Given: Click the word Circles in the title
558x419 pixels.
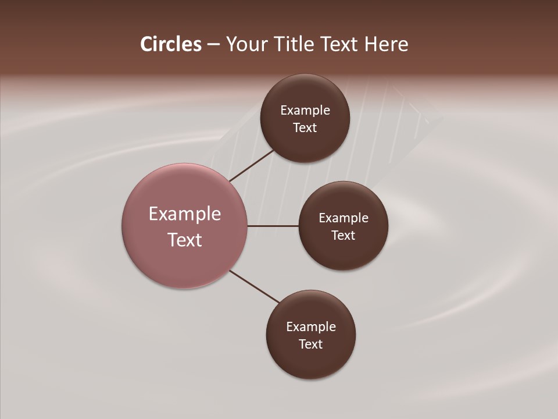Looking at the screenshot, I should [x=170, y=44].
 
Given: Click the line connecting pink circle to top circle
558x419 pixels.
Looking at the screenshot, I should [x=251, y=165].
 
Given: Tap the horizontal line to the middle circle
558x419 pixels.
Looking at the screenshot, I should [x=273, y=226].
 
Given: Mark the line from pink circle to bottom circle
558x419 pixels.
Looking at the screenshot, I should [x=255, y=287].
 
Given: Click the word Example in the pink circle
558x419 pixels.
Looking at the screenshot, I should [x=185, y=214].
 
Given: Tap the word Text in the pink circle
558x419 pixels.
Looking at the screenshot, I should [x=185, y=240].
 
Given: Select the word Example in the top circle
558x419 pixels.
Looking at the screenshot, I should [x=305, y=111].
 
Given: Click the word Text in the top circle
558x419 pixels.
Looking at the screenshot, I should [x=305, y=128].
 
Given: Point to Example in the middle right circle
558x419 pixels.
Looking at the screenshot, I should [x=344, y=218].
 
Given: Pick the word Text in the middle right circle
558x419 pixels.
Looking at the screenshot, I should [x=344, y=236].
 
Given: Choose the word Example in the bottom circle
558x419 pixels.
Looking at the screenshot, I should [x=311, y=327].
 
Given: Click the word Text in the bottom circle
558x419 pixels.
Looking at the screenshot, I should [x=311, y=345].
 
